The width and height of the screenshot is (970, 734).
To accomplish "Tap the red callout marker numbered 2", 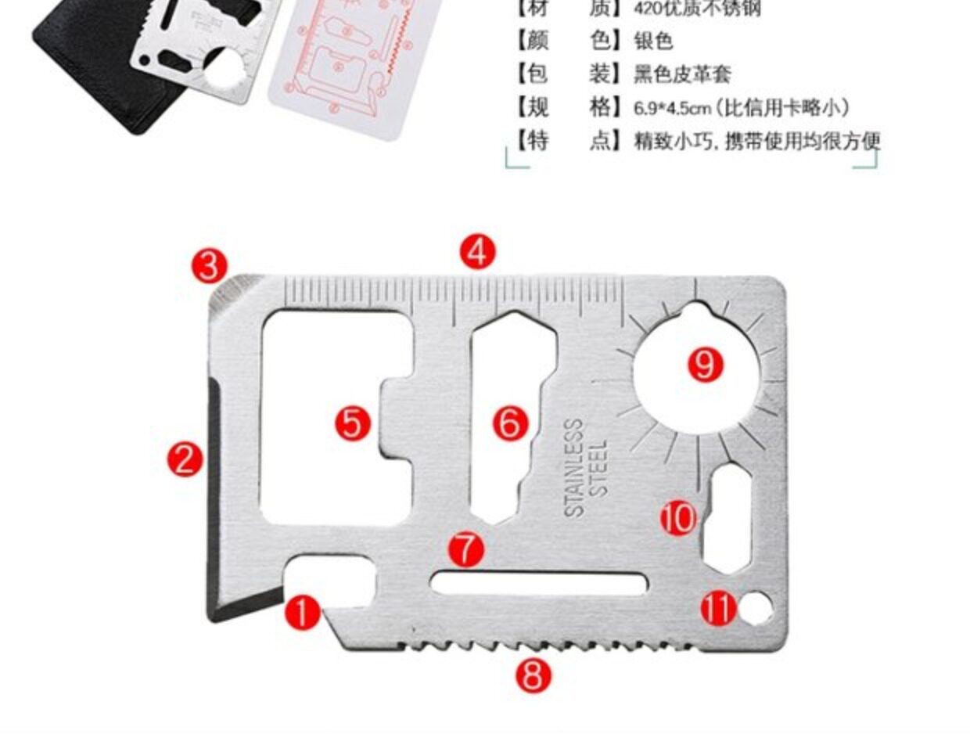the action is pyautogui.click(x=185, y=459).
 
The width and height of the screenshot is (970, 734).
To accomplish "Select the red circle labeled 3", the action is pyautogui.click(x=210, y=266).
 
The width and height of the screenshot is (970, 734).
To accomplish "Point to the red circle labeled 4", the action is pyautogui.click(x=477, y=252).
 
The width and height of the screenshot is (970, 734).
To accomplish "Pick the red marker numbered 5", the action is pyautogui.click(x=353, y=423).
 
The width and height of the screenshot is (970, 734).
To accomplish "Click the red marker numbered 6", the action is pyautogui.click(x=511, y=423).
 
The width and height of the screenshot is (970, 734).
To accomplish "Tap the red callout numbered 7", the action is pyautogui.click(x=466, y=549).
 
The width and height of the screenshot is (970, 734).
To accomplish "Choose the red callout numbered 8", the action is pyautogui.click(x=533, y=675).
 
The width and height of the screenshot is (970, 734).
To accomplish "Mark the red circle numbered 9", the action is pyautogui.click(x=705, y=364).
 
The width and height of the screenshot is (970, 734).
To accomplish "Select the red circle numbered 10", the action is pyautogui.click(x=677, y=517).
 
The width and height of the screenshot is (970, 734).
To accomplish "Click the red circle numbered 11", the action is pyautogui.click(x=718, y=607).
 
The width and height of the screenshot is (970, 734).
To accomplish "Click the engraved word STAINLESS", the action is pyautogui.click(x=574, y=468).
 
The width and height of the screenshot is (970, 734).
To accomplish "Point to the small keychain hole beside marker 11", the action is pyautogui.click(x=756, y=608).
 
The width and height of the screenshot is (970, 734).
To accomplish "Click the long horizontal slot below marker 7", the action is pyautogui.click(x=539, y=584).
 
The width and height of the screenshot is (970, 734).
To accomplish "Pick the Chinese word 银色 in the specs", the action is pyautogui.click(x=652, y=41).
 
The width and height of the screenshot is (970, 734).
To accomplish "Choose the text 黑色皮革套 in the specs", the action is pyautogui.click(x=681, y=74).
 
